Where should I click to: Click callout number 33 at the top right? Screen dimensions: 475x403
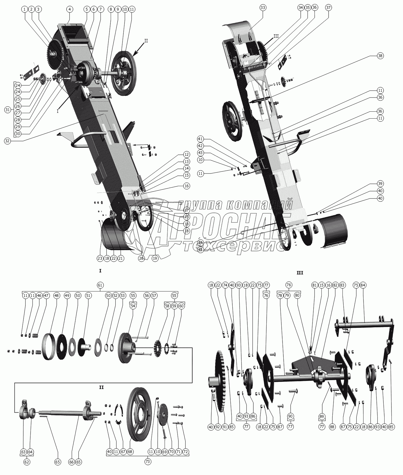tap(263, 8)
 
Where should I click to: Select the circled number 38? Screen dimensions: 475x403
tap(380, 56)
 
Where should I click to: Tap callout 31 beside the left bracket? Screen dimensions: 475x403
tap(8, 110)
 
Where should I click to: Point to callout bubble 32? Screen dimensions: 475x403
tap(8, 141)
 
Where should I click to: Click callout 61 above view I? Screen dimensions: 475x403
tap(100, 285)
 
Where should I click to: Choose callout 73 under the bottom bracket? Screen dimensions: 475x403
tap(148, 462)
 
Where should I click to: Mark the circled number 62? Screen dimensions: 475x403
tap(27, 462)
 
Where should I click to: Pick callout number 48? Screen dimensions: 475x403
tap(57, 296)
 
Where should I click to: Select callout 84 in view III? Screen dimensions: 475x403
tap(363, 285)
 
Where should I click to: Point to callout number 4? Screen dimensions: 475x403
tap(69, 9)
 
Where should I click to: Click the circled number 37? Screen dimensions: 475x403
tap(329, 8)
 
